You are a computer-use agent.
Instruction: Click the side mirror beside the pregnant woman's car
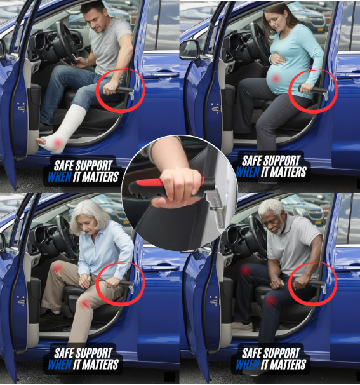coord(189,50)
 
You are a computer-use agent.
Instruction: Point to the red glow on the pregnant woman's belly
coord(276,79)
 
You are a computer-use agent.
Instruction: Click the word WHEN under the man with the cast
coord(60,177)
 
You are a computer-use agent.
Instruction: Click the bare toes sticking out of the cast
coord(41,140)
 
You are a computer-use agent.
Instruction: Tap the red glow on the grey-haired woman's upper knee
coord(58,268)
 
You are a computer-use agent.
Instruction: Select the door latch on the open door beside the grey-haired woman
coord(21,300)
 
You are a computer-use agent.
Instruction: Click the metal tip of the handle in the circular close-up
coord(217,210)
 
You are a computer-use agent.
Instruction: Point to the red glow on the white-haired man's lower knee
coord(270,300)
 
